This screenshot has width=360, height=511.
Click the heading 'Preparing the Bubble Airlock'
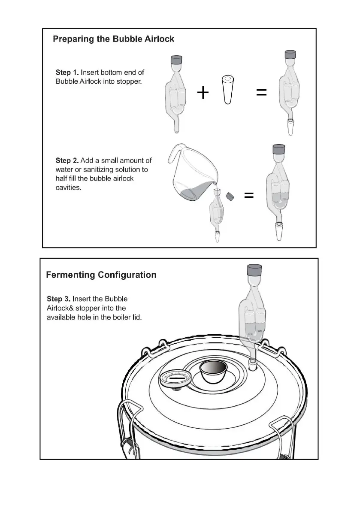(x=113, y=39)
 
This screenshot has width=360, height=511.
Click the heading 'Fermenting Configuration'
(x=101, y=275)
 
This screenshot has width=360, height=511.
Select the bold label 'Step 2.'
(x=67, y=160)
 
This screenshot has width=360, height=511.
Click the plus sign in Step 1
(x=203, y=92)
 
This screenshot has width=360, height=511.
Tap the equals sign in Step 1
(x=261, y=92)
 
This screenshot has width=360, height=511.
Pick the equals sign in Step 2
(x=248, y=196)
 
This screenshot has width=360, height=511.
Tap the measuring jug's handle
(x=173, y=154)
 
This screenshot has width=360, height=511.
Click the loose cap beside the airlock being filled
(x=230, y=197)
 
